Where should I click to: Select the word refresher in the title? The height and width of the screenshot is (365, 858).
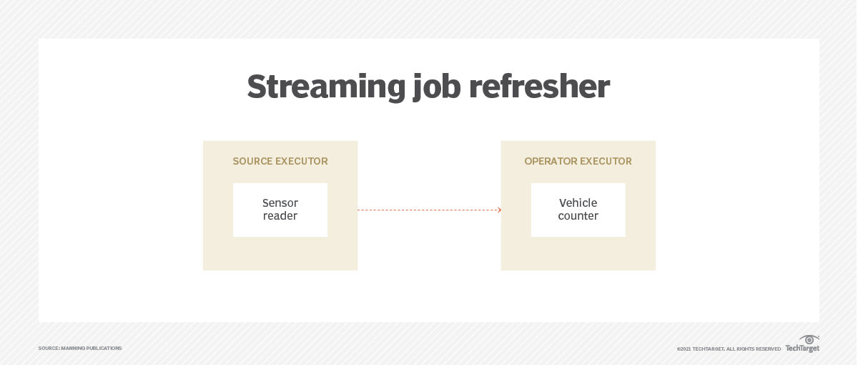click(539, 87)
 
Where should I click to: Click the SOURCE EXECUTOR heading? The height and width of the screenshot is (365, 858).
click(280, 162)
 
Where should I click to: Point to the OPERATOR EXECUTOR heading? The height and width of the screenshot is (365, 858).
click(578, 162)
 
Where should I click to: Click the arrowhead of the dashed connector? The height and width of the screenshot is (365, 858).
click(499, 210)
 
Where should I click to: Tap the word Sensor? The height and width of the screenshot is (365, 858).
click(280, 203)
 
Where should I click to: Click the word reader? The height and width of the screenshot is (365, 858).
click(280, 216)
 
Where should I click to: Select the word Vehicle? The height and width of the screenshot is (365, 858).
click(578, 203)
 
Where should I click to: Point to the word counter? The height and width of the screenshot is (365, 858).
click(578, 216)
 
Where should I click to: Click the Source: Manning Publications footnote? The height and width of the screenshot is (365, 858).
click(80, 349)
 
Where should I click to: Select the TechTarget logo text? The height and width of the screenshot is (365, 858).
click(802, 349)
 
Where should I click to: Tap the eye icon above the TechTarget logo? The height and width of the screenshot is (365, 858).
click(809, 339)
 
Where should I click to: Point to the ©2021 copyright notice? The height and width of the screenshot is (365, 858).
click(729, 349)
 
